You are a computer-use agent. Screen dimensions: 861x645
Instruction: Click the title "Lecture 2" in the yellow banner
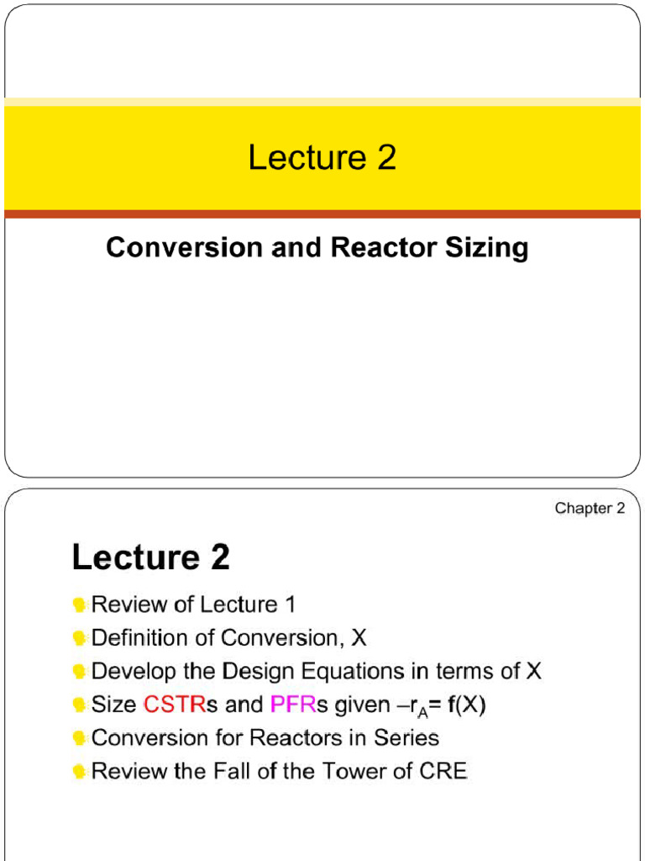[x=322, y=158]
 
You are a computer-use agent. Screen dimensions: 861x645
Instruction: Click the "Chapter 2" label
[x=590, y=509]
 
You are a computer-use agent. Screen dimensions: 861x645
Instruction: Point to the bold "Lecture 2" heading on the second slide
[x=151, y=557]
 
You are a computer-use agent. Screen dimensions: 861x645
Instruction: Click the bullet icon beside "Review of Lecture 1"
[x=80, y=605]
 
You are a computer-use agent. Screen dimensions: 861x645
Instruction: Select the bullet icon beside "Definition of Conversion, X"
[x=80, y=639]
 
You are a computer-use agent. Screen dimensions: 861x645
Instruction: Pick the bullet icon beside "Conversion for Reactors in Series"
[x=80, y=739]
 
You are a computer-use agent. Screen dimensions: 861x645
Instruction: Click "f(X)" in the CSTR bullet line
[x=466, y=705]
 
